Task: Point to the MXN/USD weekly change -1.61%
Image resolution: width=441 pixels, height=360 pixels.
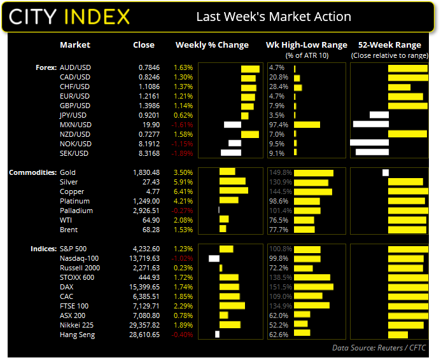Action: pos(182,125)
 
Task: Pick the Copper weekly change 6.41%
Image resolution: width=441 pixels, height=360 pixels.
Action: pos(183,191)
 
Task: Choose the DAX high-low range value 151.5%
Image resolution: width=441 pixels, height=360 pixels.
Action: pos(280,287)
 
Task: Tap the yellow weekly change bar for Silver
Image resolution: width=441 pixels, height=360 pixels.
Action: pos(232,182)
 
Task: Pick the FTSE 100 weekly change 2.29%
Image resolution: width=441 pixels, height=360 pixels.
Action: pos(183,306)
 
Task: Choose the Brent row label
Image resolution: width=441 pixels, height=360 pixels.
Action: pos(69,230)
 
